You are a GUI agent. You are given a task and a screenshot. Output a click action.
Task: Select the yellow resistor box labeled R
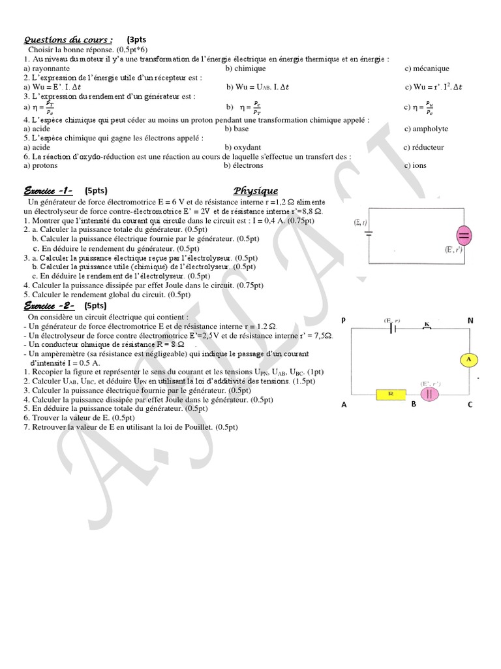[391, 394]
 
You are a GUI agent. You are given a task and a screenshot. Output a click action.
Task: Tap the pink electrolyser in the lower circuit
[431, 393]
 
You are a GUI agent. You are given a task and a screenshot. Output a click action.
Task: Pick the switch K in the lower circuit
[428, 324]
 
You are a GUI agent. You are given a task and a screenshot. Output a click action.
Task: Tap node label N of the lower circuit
[470, 319]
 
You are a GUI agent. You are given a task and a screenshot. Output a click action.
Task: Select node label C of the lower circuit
[470, 404]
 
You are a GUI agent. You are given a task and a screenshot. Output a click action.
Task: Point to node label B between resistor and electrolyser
[413, 404]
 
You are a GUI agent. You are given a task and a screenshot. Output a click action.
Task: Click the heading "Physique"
[256, 191]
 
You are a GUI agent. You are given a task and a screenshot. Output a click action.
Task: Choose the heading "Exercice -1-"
[48, 191]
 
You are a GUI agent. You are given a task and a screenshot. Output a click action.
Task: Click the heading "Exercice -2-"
[49, 305]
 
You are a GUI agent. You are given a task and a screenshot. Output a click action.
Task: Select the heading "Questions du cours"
[68, 39]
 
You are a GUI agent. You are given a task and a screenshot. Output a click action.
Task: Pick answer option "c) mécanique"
[427, 68]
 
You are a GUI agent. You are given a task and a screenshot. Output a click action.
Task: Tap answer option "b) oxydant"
[244, 147]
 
